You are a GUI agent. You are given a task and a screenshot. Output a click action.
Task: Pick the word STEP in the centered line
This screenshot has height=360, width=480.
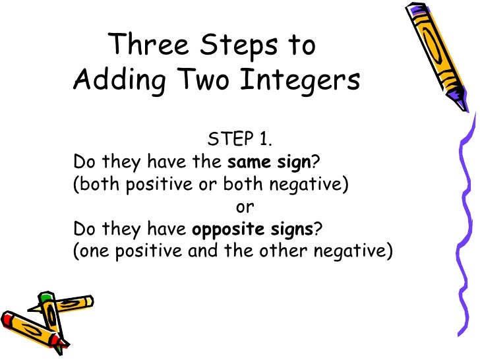(227, 139)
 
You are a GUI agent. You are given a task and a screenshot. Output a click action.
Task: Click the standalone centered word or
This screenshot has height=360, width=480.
(245, 206)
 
